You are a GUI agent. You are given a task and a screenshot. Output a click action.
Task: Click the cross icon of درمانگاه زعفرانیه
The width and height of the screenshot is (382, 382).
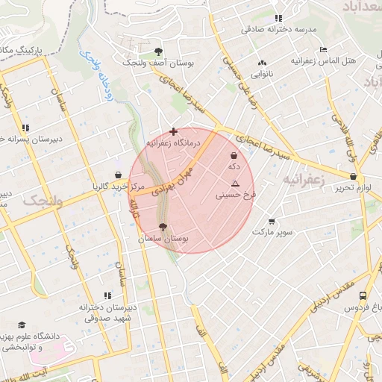tap(174, 131)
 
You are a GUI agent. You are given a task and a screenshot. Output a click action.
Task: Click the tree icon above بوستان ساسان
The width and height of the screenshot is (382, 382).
tap(163, 227)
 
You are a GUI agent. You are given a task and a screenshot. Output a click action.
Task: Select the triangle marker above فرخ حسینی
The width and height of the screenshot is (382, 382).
tap(236, 184)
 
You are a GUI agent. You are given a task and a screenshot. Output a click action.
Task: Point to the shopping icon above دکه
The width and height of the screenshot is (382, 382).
tap(234, 156)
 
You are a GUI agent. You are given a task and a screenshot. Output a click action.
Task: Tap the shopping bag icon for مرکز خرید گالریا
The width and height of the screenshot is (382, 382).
tap(118, 175)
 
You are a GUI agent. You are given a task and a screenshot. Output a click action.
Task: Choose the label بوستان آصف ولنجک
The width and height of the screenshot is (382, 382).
tap(159, 63)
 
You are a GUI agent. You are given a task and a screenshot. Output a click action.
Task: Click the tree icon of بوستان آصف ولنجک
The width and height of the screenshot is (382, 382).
tap(158, 51)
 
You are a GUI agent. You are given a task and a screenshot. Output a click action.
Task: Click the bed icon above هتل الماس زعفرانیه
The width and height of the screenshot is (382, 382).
tap(322, 49)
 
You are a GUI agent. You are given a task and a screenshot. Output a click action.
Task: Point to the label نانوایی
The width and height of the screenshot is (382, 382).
tap(261, 74)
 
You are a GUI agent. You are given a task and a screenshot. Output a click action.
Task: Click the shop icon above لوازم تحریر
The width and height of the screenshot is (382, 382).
tap(353, 177)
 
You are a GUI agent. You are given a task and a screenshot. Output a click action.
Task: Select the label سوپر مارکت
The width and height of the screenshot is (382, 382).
tap(270, 233)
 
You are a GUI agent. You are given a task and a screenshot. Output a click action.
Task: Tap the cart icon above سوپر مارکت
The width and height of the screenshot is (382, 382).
tap(271, 222)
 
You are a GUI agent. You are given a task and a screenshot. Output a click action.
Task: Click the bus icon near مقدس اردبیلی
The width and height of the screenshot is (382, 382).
tap(363, 295)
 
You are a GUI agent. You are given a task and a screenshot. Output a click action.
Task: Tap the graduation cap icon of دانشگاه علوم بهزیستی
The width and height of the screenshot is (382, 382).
tap(21, 325)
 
